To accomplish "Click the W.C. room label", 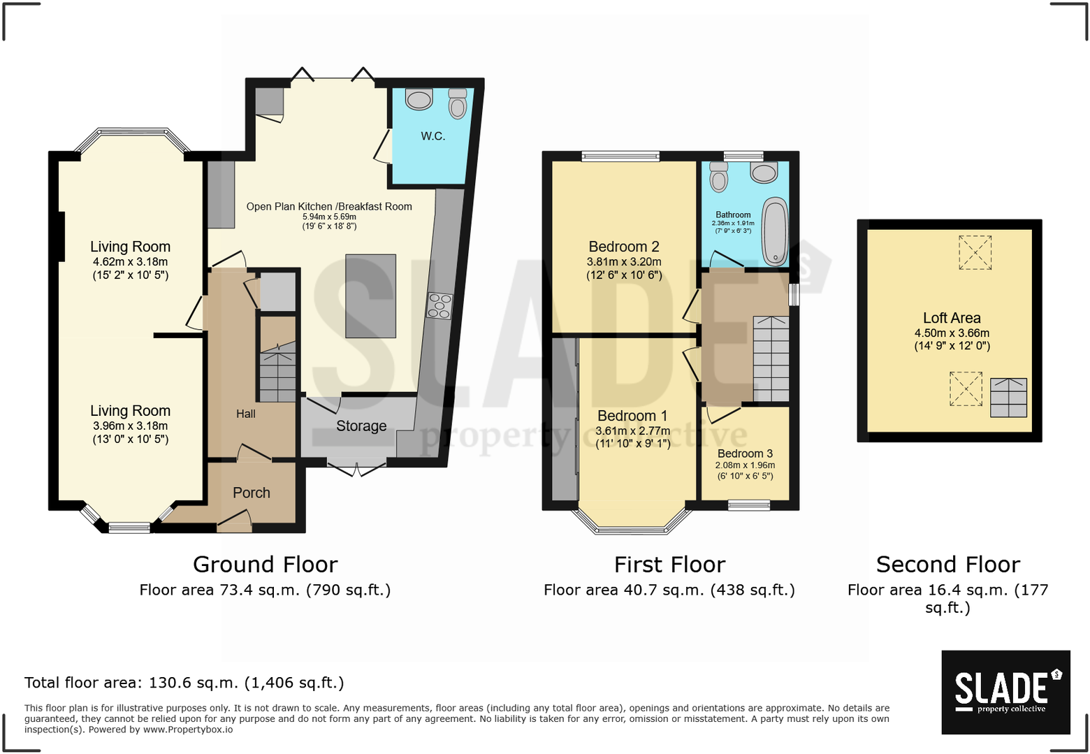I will (x=433, y=136).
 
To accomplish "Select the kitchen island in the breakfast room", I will (x=370, y=296).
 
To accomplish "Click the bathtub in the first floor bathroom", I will (x=774, y=232).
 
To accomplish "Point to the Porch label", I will (x=251, y=493).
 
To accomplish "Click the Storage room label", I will (x=361, y=426).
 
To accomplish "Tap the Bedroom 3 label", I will (x=745, y=454).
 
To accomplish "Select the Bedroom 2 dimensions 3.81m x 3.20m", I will (x=623, y=262).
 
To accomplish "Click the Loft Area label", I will (x=952, y=318).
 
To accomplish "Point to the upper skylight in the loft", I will (x=975, y=252).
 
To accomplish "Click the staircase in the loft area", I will (x=1008, y=398).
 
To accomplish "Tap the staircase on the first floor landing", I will (x=771, y=358).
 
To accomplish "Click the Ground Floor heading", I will (x=265, y=564).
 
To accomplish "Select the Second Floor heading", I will (x=947, y=564).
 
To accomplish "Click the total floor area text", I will (x=184, y=683).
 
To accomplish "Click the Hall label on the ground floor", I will (x=245, y=414).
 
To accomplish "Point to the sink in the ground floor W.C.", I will (x=419, y=100).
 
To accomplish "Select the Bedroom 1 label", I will (x=632, y=416).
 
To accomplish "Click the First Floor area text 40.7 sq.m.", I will (x=669, y=590).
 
